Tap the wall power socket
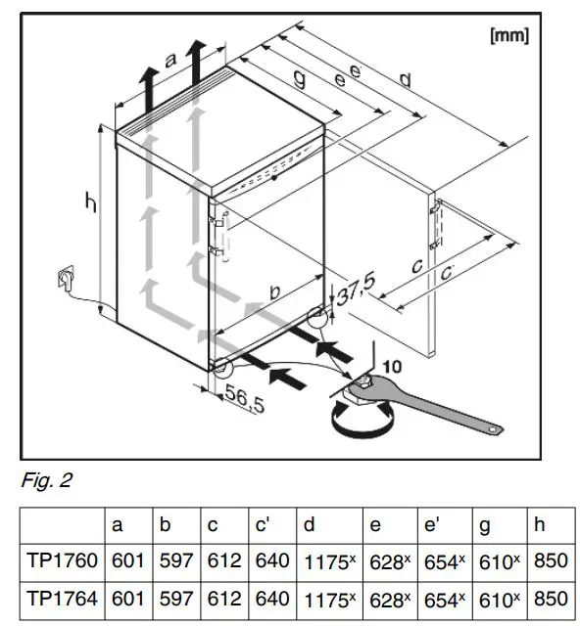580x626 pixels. tap(65, 281)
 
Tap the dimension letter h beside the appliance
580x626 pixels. tap(89, 204)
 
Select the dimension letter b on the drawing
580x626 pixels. tap(275, 293)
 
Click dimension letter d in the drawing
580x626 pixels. tap(404, 80)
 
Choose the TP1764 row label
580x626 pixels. tap(62, 597)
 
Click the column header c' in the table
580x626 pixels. tap(266, 525)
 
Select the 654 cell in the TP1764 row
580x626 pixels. tap(443, 597)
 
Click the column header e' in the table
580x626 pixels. tap(434, 525)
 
